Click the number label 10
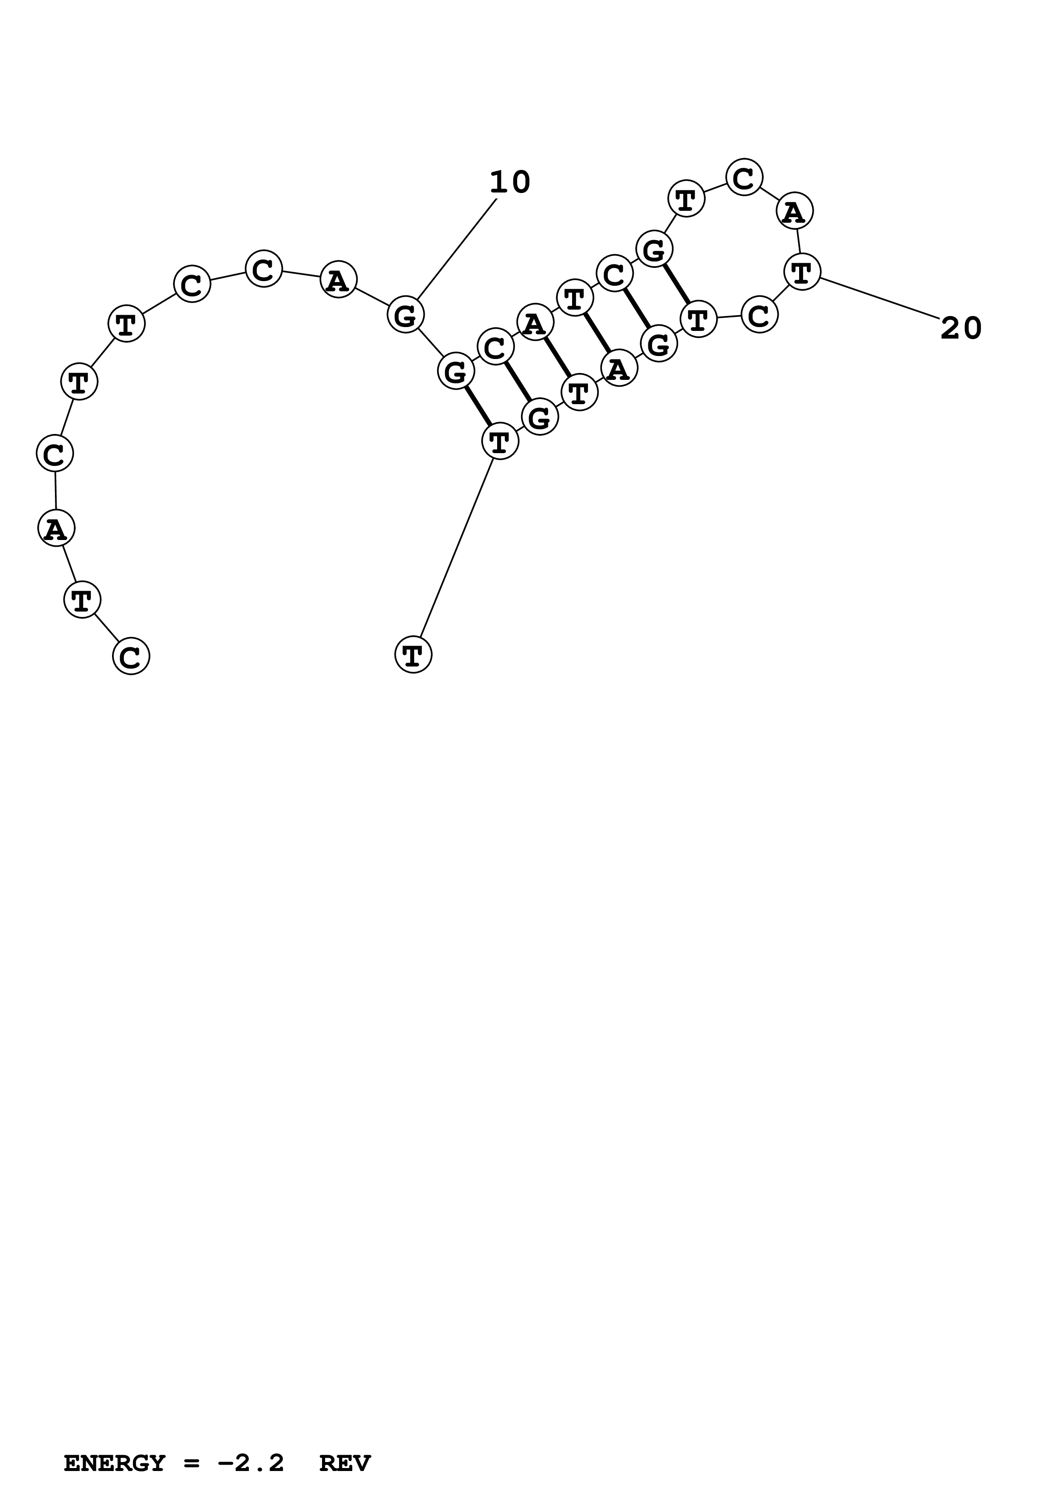click(509, 182)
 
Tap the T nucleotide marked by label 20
click(802, 272)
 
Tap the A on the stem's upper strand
click(535, 323)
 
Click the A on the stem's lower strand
click(619, 369)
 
